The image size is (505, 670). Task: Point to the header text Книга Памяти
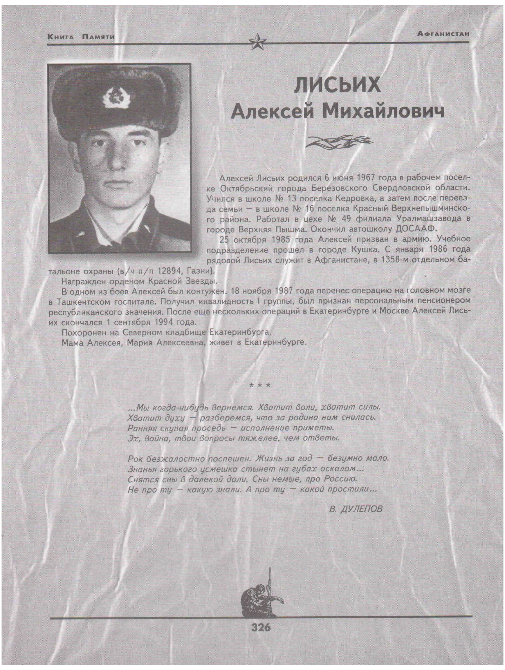81,37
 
